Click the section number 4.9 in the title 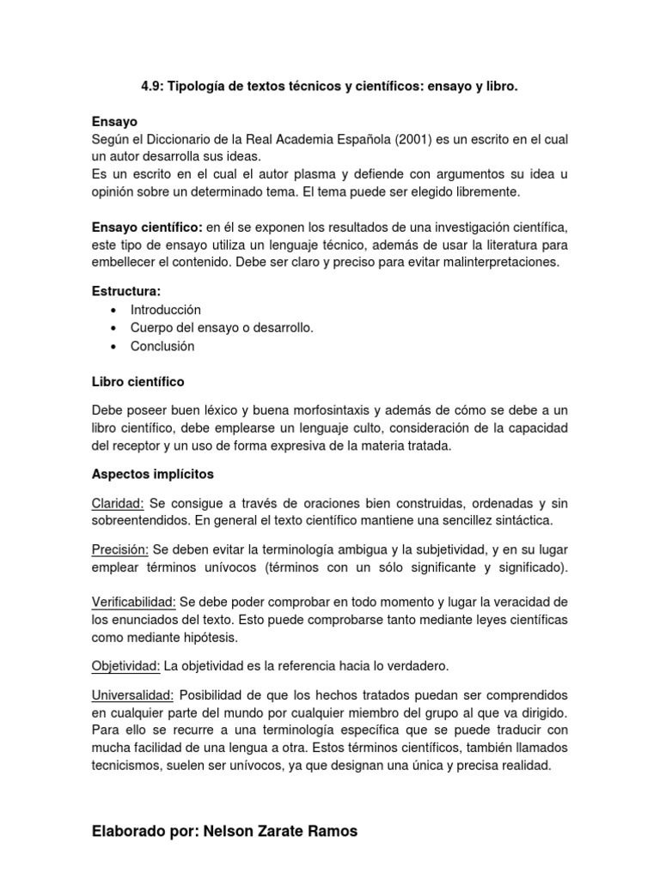[151, 88]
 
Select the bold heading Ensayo [114, 122]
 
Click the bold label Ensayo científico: [147, 227]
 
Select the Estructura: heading [126, 292]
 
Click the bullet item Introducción [165, 310]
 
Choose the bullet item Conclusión [162, 346]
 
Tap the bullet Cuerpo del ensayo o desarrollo [222, 328]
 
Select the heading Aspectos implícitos [152, 474]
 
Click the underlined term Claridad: [117, 502]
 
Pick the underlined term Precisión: [120, 549]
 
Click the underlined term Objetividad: [125, 666]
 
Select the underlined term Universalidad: [132, 694]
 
